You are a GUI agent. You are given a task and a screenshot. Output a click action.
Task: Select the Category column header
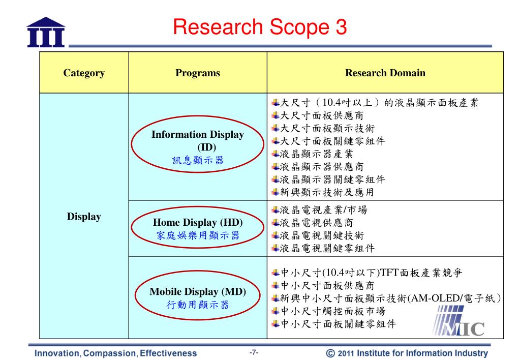84,73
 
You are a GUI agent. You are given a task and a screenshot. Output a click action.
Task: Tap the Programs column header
198,73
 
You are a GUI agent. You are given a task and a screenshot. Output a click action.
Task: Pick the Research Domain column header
385,73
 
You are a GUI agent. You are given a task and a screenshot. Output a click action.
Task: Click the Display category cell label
84,217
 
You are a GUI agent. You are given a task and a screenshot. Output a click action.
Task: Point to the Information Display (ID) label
198,141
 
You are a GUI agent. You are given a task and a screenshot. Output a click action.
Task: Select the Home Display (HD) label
198,223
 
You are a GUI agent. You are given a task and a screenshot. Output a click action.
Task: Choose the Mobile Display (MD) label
198,292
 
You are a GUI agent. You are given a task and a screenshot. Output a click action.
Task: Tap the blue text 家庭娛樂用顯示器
198,235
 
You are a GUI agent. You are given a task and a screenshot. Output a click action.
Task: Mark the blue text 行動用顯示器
198,305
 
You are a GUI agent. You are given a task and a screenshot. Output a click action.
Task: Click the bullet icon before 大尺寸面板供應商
275,115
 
